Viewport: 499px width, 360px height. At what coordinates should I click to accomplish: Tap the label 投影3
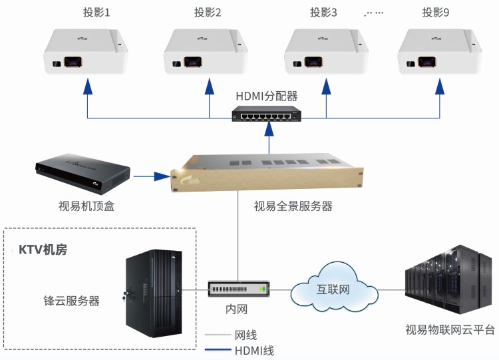[x=324, y=13]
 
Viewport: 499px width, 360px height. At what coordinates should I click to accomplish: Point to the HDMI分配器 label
[x=269, y=96]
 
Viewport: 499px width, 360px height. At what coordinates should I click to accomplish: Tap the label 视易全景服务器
[x=293, y=206]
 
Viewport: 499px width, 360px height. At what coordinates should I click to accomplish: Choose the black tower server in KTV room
[x=154, y=295]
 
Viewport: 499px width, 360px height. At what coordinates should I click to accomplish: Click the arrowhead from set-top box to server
[x=160, y=176]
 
